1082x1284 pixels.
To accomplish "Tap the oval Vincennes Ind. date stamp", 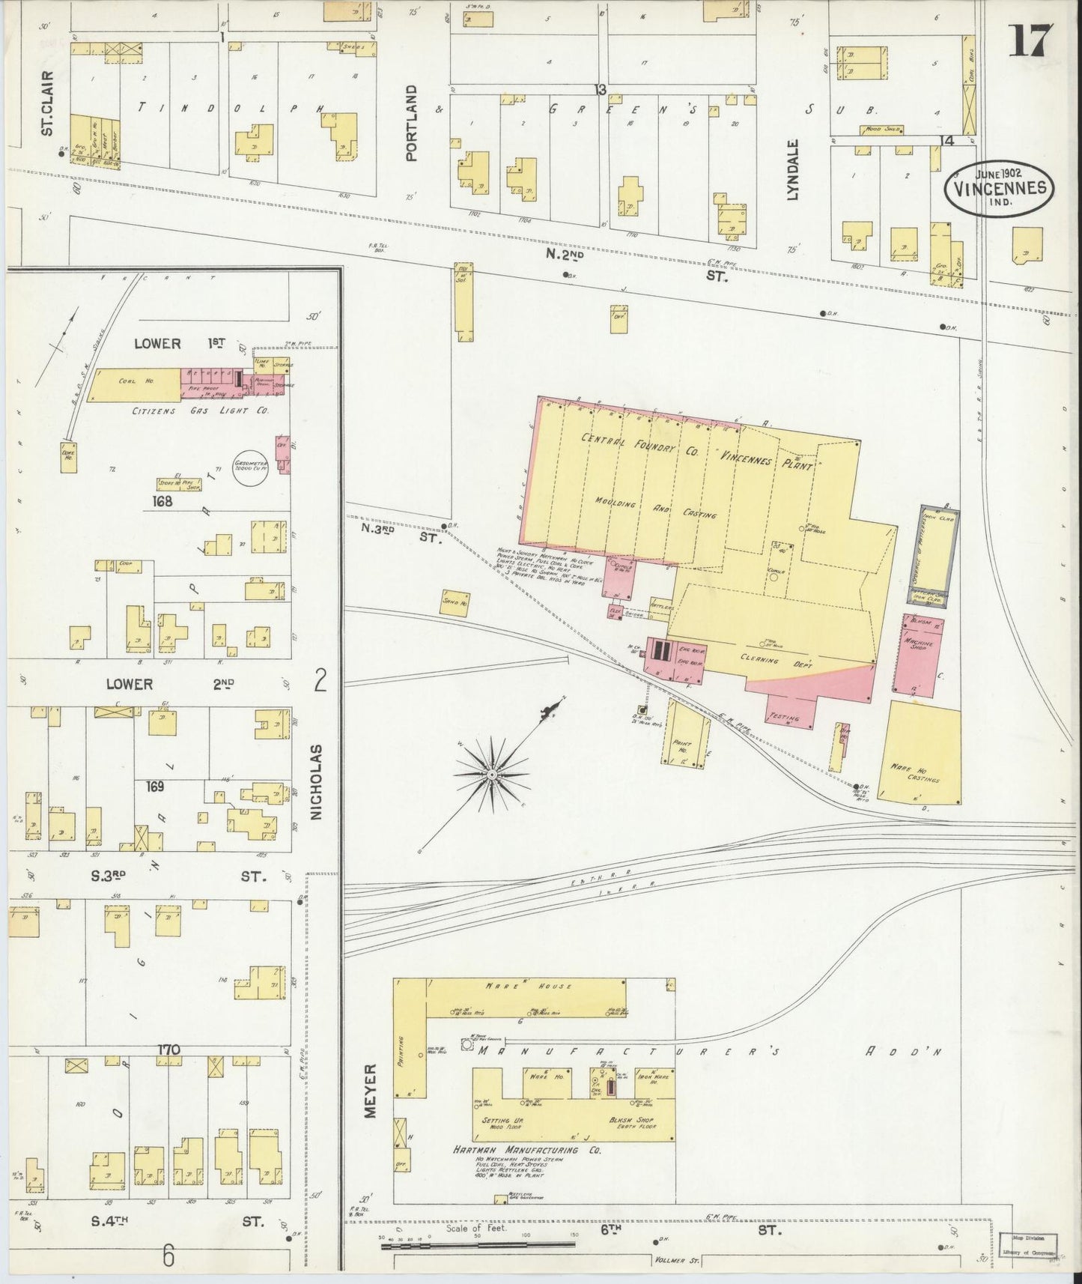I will (999, 187).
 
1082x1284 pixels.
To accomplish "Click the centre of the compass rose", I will (491, 774).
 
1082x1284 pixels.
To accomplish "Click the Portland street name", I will (410, 123).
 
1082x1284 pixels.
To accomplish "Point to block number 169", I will (155, 787).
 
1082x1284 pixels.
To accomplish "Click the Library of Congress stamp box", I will (1029, 1245).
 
